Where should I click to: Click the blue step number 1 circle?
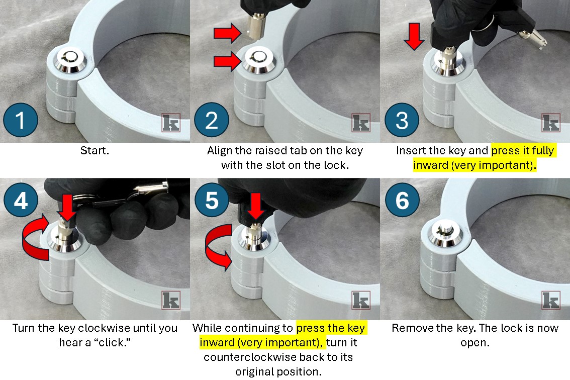(21, 120)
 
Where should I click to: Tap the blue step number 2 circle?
(212, 120)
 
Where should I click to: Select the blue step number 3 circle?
(402, 120)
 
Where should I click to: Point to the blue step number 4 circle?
(21, 200)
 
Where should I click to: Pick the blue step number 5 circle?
(212, 200)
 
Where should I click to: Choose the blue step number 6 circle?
(402, 200)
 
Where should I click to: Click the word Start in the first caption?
(93, 151)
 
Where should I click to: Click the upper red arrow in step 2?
(228, 33)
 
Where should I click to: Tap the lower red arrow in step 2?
(228, 61)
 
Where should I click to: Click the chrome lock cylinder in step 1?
(70, 60)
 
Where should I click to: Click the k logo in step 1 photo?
(171, 123)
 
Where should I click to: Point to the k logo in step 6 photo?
(551, 300)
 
